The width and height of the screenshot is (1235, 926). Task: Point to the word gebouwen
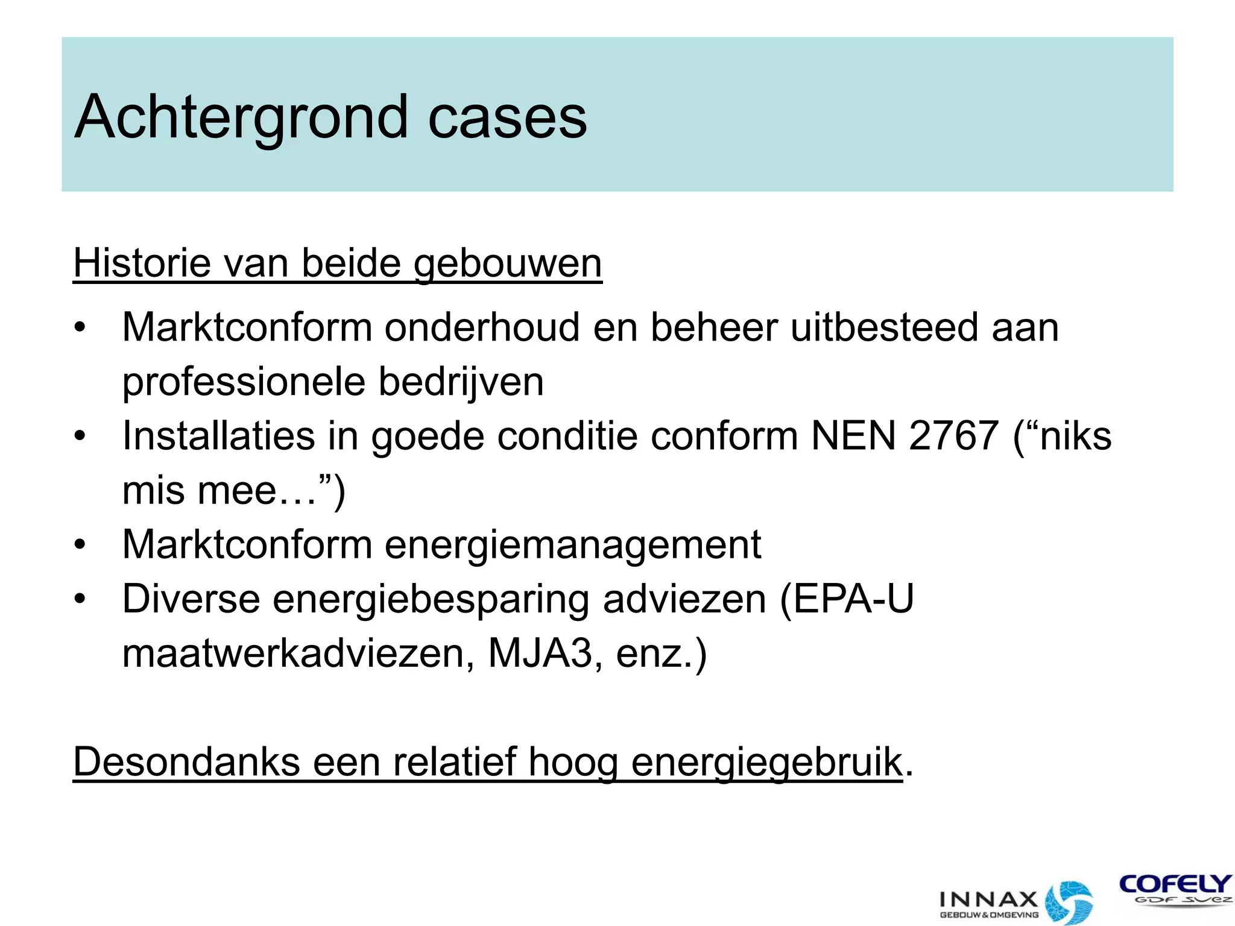click(x=508, y=265)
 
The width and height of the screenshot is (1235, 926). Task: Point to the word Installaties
click(x=218, y=436)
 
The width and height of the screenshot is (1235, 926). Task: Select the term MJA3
click(x=540, y=654)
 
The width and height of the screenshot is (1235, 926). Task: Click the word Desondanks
click(x=186, y=762)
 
